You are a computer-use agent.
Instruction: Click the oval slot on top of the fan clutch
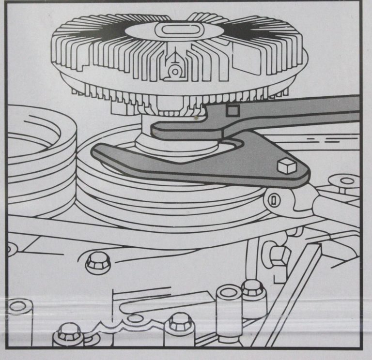coord(174,30)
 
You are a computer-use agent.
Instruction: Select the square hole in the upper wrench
coord(232,110)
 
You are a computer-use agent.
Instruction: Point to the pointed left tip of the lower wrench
coord(95,150)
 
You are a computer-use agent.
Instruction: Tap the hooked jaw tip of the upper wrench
coord(157,130)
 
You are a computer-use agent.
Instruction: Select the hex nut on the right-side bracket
coord(280,255)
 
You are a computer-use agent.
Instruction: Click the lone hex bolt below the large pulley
coord(98,262)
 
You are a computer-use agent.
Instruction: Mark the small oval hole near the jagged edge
coord(134,319)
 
